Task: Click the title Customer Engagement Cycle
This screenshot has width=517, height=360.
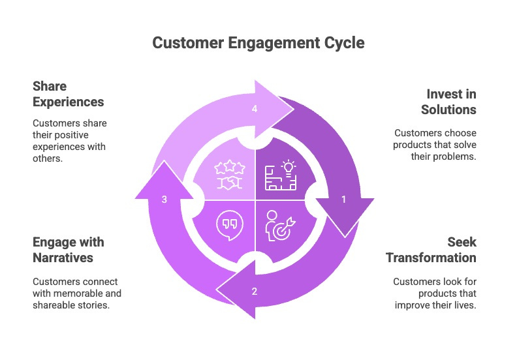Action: [258, 44]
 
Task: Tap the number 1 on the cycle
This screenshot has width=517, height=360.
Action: [344, 200]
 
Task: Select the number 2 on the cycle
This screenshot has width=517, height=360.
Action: [255, 291]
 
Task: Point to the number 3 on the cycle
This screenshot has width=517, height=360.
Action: [164, 200]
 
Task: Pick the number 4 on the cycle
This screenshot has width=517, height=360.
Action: [255, 110]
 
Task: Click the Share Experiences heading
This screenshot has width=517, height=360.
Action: [68, 94]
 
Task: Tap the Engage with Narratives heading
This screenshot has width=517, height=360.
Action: [68, 250]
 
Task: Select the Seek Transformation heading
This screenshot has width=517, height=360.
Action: [431, 250]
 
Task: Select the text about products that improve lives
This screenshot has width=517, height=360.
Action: [434, 293]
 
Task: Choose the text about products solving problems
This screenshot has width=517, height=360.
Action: [434, 145]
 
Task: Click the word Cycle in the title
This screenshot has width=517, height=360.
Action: [345, 44]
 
